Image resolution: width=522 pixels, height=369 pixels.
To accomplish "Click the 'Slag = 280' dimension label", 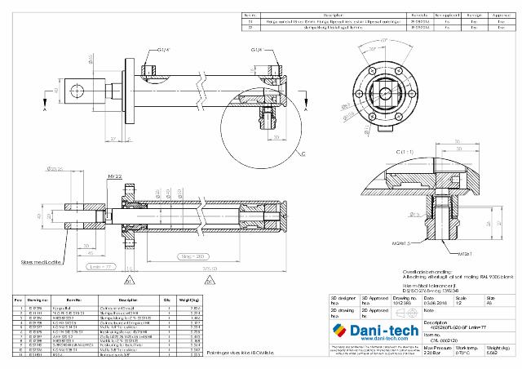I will (x=191, y=256).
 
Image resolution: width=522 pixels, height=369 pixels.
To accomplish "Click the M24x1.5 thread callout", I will (x=399, y=242).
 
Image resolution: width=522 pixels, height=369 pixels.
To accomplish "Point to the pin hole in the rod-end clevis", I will (x=82, y=83).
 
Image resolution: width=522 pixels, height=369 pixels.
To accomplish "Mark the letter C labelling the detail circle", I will (x=302, y=153).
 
